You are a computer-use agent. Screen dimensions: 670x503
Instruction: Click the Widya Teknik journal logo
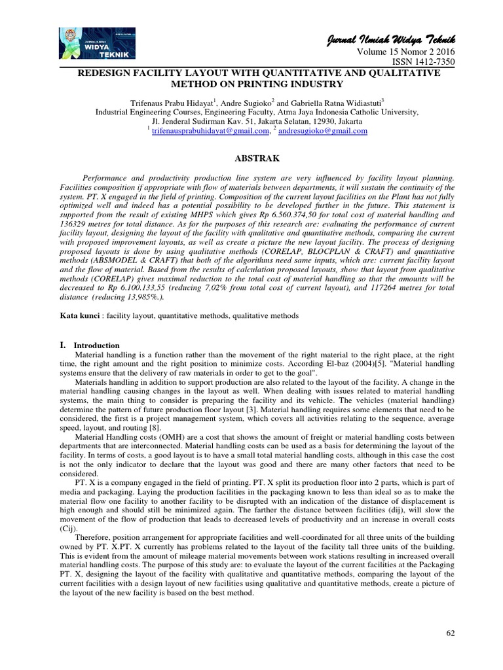97,44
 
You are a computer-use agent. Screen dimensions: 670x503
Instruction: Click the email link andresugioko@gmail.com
324,131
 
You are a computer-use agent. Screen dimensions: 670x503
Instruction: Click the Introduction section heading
96,345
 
